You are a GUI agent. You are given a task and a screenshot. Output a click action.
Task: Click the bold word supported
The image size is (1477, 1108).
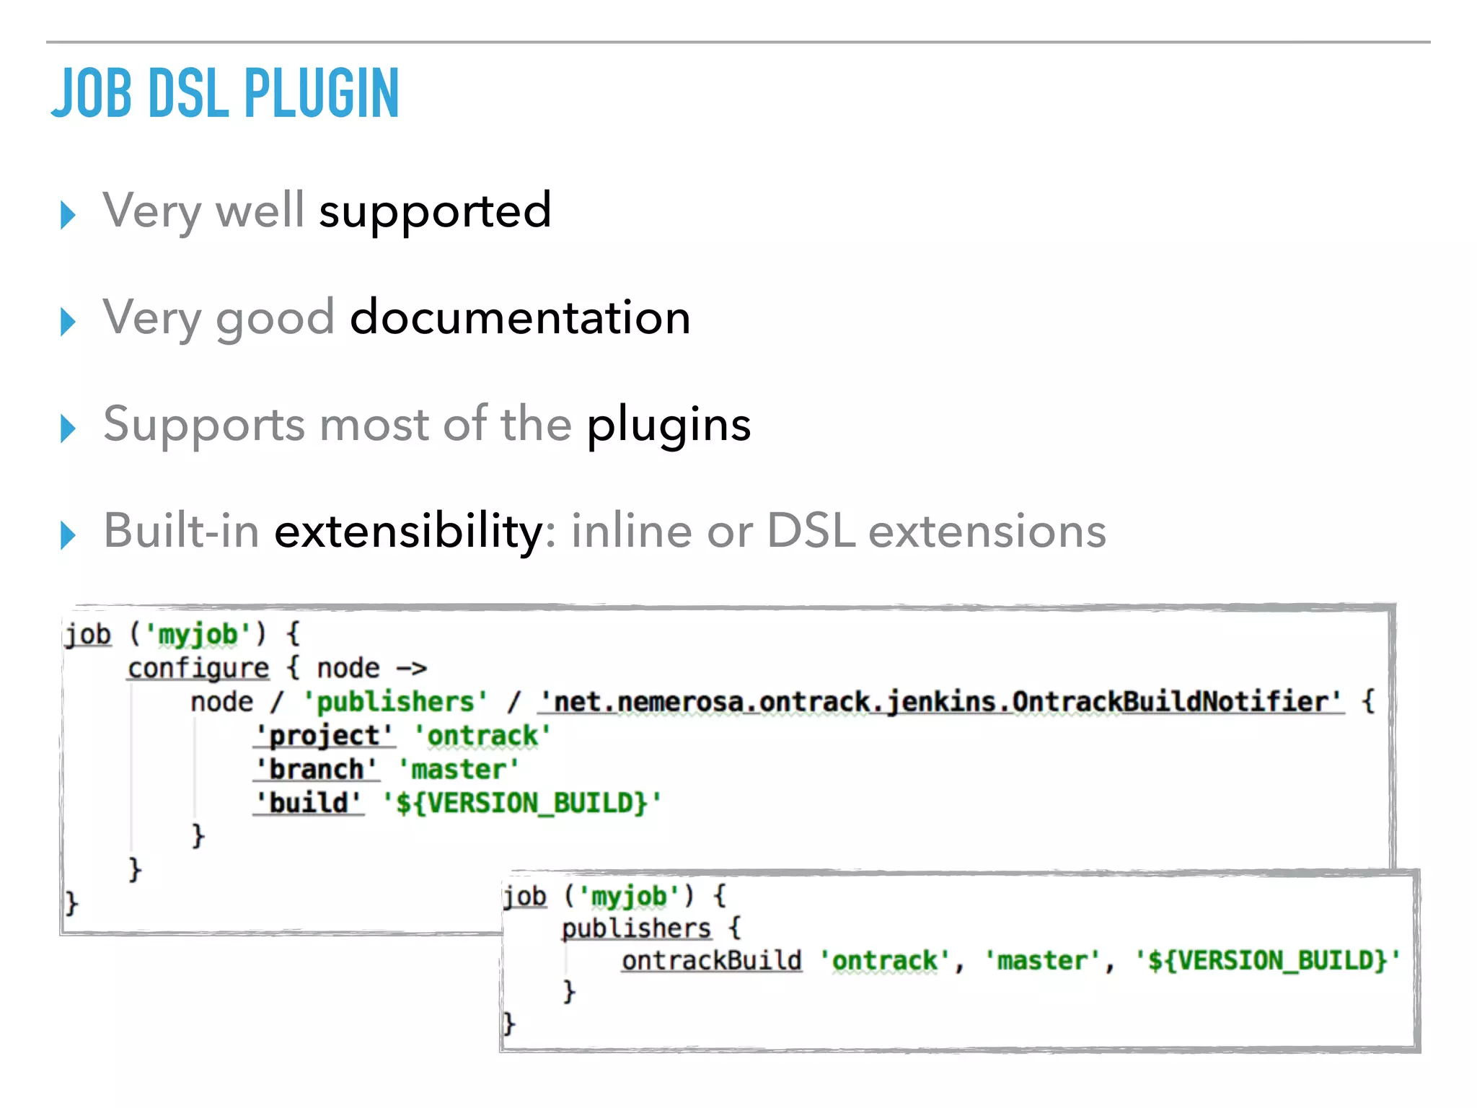click(435, 211)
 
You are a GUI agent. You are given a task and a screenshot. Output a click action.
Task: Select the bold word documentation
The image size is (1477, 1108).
click(520, 317)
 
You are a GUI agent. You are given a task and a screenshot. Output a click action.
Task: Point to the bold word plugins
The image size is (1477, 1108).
click(669, 424)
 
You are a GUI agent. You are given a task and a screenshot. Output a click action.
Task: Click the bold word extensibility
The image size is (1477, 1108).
click(409, 531)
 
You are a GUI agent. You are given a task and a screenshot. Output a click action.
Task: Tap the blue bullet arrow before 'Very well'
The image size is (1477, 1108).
click(69, 214)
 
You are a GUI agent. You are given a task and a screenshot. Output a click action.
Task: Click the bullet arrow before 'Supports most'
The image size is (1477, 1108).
click(69, 428)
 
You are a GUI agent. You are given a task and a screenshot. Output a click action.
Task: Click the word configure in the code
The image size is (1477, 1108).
click(198, 669)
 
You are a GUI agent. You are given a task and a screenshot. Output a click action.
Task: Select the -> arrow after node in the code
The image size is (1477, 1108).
click(412, 669)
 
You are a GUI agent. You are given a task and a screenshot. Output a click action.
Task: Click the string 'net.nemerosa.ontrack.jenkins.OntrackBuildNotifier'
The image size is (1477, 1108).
click(941, 702)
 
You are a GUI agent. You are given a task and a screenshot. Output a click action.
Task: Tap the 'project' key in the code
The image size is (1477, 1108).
click(325, 736)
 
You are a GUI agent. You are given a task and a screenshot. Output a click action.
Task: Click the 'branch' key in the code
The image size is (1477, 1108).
click(316, 769)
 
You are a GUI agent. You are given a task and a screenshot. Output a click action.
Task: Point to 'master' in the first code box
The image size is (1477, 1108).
click(459, 769)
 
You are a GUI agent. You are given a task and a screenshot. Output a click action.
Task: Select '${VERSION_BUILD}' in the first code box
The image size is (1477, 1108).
click(521, 803)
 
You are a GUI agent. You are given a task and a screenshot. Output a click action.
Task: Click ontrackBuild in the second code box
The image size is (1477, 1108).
click(711, 961)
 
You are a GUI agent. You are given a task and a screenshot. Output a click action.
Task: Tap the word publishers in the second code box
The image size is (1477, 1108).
click(636, 928)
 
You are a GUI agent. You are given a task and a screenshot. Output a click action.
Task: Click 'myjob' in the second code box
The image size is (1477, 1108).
click(630, 897)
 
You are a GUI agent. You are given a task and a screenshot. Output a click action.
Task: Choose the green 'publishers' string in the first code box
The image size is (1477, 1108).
click(395, 702)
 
